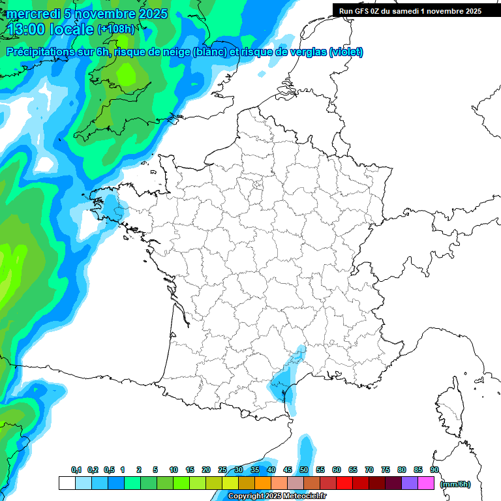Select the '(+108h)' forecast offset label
[x=115, y=29]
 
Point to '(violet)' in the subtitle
[x=346, y=52]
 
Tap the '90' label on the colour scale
[x=434, y=470]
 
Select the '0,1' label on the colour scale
[x=76, y=470]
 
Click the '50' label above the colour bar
[x=304, y=470]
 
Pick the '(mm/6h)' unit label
[x=455, y=483]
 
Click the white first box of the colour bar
[x=67, y=483]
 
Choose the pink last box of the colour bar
[x=426, y=483]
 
